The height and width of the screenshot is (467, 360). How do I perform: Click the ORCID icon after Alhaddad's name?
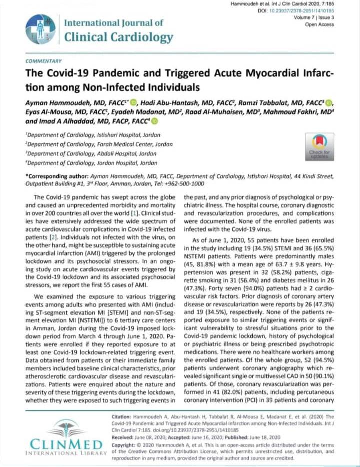click(154, 121)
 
